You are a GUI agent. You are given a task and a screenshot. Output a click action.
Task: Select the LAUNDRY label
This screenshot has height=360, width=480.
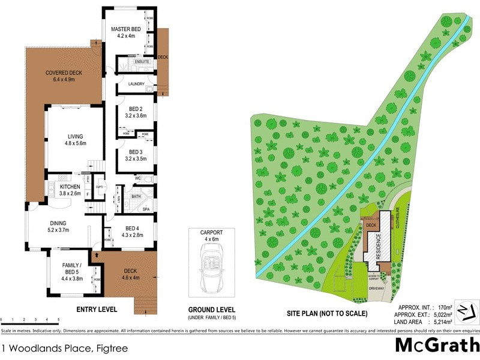click(x=136, y=84)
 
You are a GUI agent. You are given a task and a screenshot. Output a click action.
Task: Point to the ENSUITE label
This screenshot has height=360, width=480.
click(x=142, y=62)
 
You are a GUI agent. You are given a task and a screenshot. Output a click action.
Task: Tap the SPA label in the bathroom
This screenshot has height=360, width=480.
click(x=146, y=209)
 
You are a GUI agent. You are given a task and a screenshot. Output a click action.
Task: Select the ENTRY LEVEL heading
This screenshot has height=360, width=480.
click(x=97, y=310)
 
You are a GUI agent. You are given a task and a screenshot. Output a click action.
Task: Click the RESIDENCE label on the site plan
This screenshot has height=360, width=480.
click(x=379, y=247)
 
